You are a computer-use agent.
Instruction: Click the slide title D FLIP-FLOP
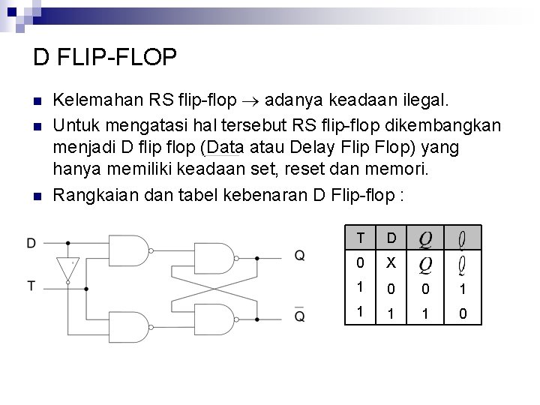click(x=105, y=56)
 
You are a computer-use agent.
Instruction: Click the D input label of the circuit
click(x=31, y=243)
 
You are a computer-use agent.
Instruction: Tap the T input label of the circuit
click(x=31, y=285)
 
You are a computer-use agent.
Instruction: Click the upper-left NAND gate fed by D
click(x=128, y=250)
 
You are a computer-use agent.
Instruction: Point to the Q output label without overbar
click(x=299, y=256)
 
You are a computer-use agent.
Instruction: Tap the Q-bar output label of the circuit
click(x=299, y=316)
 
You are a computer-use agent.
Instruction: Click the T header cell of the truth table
click(x=361, y=238)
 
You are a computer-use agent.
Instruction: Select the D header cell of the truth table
click(x=390, y=238)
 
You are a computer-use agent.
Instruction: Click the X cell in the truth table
click(x=390, y=264)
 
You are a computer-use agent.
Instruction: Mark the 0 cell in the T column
click(x=361, y=264)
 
